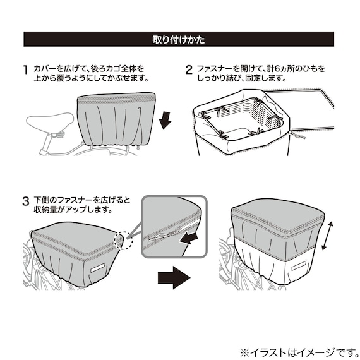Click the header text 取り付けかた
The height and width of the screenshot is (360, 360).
pyautogui.click(x=179, y=40)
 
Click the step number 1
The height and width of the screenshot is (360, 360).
pyautogui.click(x=25, y=69)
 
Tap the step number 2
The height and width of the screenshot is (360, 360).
pyautogui.click(x=188, y=69)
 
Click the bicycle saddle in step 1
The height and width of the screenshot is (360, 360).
pyautogui.click(x=51, y=120)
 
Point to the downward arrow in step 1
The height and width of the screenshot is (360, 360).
pyautogui.click(x=165, y=119)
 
